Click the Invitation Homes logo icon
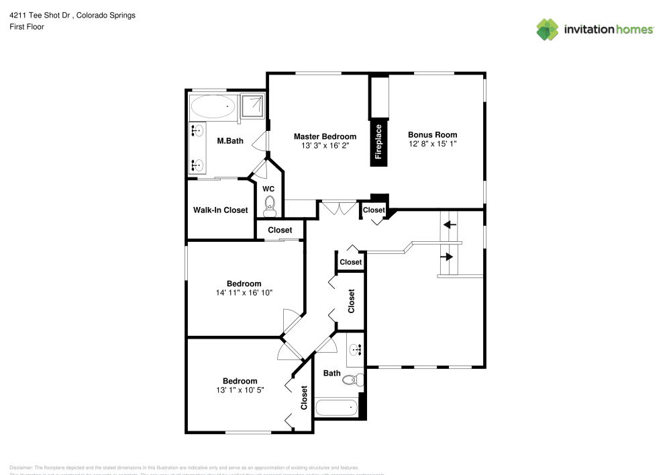(547, 30)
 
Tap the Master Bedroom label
(325, 136)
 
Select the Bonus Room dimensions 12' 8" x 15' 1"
(432, 144)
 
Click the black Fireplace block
(378, 142)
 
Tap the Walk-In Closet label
(220, 210)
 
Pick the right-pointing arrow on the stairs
(447, 256)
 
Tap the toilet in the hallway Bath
(352, 380)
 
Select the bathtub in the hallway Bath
(336, 408)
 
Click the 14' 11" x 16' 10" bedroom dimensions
(244, 293)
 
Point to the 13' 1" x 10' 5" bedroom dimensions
(240, 390)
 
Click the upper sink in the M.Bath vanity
(198, 131)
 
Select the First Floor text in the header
(27, 27)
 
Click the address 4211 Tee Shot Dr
(40, 15)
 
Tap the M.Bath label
(230, 141)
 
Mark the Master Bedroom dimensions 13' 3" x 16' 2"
(325, 145)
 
